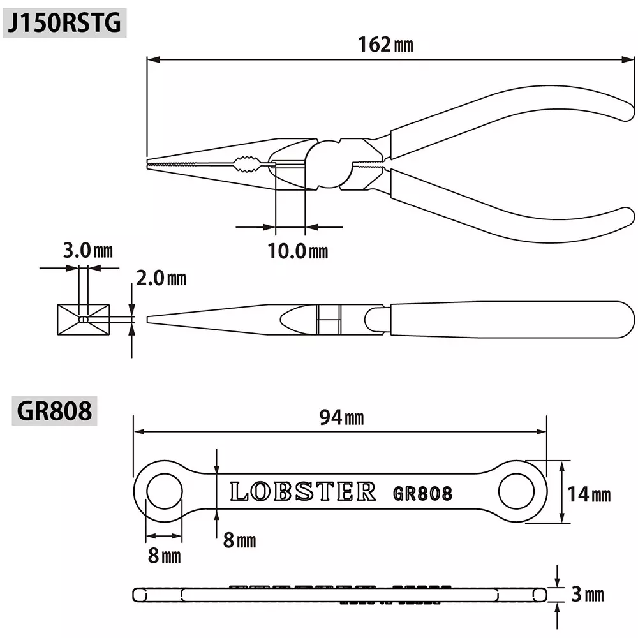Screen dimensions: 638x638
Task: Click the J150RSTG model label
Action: [x=63, y=23]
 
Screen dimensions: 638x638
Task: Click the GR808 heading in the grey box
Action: [x=54, y=411]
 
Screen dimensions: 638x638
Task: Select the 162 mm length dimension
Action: [x=385, y=45]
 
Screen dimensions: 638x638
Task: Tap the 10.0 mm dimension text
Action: [x=297, y=251]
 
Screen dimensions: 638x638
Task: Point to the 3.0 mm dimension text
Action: [x=87, y=250]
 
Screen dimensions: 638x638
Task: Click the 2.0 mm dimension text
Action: [x=161, y=278]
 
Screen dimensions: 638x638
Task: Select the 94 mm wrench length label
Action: [x=341, y=418]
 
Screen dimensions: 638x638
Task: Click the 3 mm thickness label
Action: [x=587, y=595]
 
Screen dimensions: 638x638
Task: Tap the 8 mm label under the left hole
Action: [x=164, y=555]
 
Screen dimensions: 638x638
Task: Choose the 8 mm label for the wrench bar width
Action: [x=239, y=540]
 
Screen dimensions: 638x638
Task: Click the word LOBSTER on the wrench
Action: [x=302, y=492]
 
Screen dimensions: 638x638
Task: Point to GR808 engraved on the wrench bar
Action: [x=422, y=493]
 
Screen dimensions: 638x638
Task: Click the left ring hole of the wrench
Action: [x=165, y=492]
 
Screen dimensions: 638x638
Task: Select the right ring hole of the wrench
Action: [x=516, y=492]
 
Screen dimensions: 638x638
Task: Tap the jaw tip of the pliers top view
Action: [x=153, y=165]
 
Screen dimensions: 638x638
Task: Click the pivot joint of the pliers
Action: [x=332, y=165]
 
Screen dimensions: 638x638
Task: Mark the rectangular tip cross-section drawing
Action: [x=83, y=319]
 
